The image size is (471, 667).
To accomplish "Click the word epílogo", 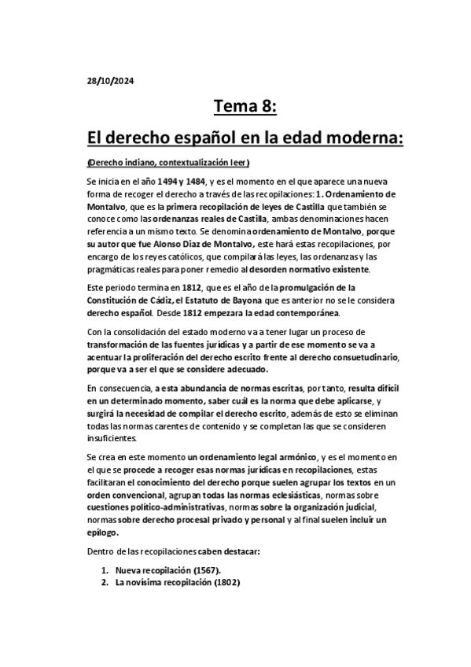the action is click(102, 532).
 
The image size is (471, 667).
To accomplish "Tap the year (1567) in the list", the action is click(201, 570).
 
